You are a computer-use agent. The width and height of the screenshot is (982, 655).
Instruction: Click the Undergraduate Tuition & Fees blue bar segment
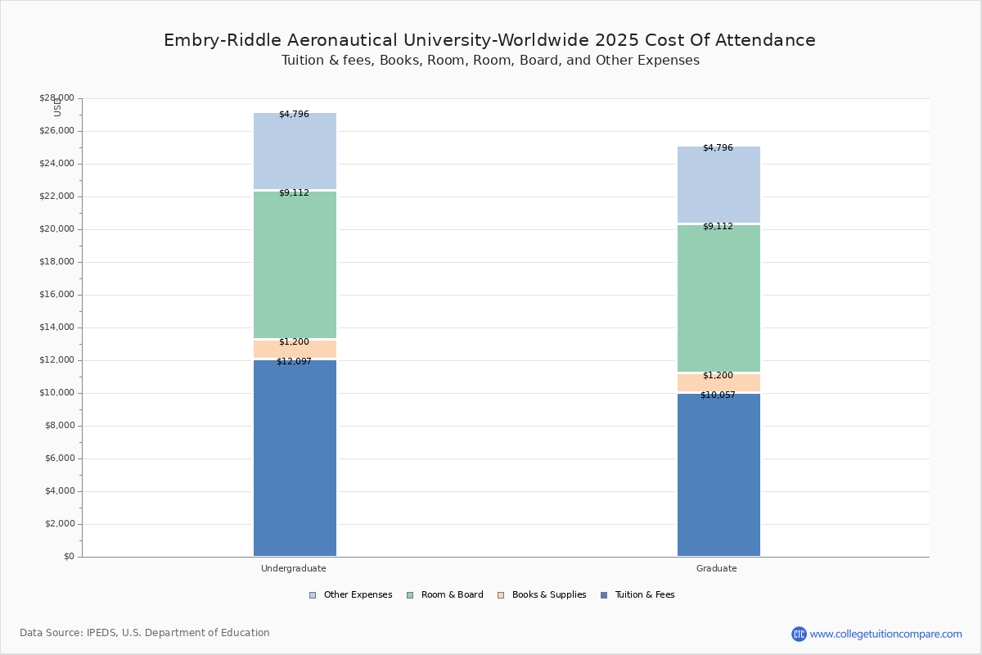point(295,458)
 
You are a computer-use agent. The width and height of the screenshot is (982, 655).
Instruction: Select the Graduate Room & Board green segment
point(718,299)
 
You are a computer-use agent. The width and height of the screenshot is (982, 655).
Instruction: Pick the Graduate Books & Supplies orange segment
point(718,383)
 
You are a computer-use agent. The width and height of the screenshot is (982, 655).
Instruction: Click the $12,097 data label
point(294,361)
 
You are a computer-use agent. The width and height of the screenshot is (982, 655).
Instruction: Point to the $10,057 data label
point(718,395)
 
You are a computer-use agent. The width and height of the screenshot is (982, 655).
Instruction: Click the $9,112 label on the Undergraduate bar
point(294,192)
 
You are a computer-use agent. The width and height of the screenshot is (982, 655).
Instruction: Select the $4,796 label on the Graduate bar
point(718,147)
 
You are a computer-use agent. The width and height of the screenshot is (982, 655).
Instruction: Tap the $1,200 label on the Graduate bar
point(718,375)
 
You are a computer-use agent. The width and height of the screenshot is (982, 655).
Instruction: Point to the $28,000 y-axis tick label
point(56,98)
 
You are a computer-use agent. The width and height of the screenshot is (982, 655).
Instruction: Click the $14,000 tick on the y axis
point(56,327)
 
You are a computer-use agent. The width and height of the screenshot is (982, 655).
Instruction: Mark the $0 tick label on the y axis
point(68,557)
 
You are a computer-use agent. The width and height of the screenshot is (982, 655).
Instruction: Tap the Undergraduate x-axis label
point(294,568)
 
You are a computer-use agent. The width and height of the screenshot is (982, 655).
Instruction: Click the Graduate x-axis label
point(717,568)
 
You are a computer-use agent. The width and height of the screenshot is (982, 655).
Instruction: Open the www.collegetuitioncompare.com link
point(885,634)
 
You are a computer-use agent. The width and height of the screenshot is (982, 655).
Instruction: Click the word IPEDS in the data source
point(101,633)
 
